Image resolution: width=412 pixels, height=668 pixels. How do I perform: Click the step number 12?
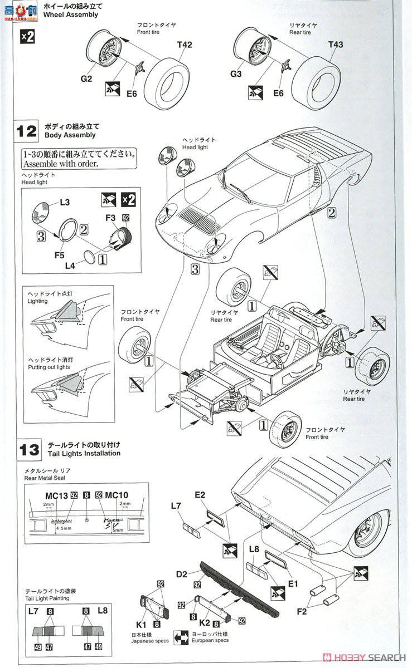(27, 131)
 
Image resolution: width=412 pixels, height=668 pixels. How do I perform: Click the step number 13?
(27, 449)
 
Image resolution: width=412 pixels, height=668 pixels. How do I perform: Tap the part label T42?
(185, 45)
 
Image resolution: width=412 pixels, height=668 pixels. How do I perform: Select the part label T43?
(336, 44)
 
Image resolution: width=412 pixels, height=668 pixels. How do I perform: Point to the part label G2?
(86, 78)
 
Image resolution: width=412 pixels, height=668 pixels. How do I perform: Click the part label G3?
(236, 73)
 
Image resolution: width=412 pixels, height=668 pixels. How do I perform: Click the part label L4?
(70, 266)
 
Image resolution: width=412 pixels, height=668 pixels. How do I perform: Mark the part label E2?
(200, 494)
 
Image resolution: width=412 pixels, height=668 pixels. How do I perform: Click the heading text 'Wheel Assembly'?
(74, 15)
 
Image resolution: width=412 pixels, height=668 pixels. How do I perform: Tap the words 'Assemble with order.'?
(60, 164)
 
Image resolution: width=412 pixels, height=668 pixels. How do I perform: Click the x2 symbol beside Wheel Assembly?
(27, 37)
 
